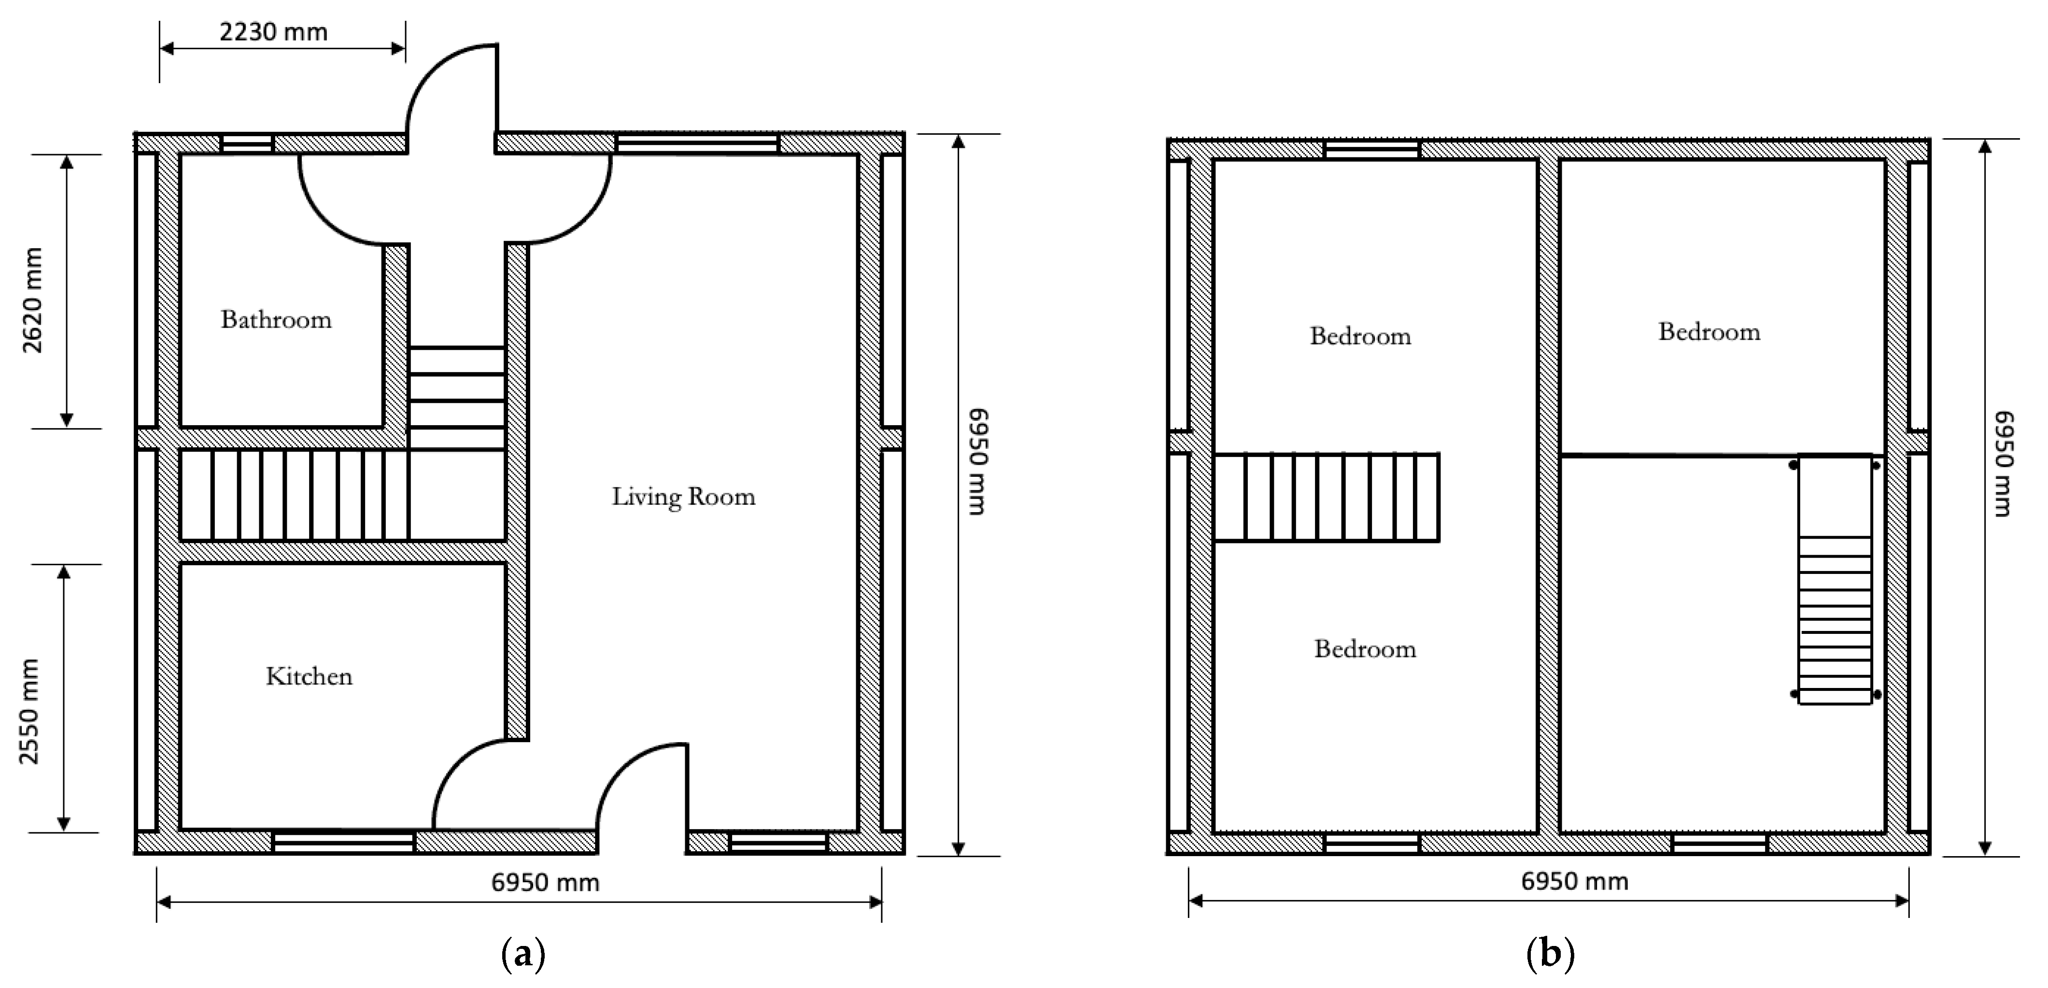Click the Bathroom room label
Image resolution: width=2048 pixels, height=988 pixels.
tap(276, 320)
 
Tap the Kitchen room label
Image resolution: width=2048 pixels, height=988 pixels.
tap(309, 676)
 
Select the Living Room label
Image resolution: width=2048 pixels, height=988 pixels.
tap(683, 496)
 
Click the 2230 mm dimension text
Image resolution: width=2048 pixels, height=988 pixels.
tap(273, 32)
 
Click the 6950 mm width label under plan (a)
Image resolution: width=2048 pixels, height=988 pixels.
tap(545, 882)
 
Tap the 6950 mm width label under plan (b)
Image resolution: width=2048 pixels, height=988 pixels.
tap(1574, 881)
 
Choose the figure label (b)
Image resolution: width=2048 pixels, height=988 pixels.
tap(1550, 952)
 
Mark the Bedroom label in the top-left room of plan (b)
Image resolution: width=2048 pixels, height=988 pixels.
tap(1360, 336)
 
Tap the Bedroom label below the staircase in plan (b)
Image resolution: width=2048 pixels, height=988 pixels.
tap(1365, 649)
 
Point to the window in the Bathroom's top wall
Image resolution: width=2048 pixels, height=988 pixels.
tap(246, 144)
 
